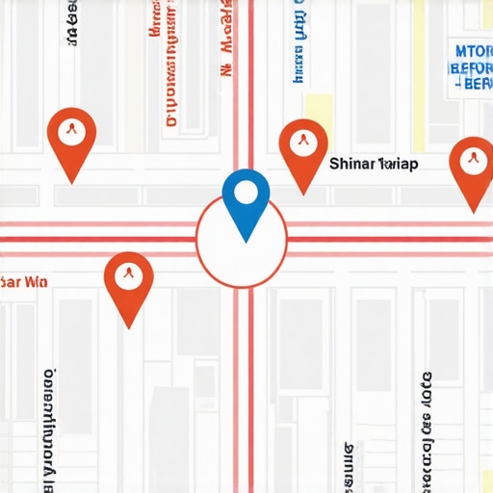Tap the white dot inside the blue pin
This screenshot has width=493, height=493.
(x=246, y=192)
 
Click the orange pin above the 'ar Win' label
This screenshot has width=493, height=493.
(x=129, y=283)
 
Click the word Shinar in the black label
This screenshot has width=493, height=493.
(x=351, y=164)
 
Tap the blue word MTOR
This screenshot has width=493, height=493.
(x=473, y=51)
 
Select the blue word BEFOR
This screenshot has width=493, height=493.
(x=471, y=68)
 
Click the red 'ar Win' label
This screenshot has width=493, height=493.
(x=24, y=283)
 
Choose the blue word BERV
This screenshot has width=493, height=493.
(x=473, y=85)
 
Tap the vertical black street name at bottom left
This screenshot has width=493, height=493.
(x=48, y=424)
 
